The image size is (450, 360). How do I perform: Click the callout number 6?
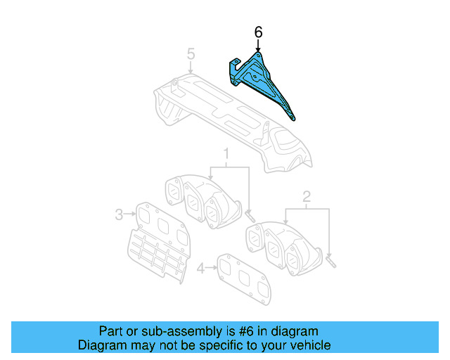click(259, 32)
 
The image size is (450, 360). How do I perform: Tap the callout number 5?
click(191, 53)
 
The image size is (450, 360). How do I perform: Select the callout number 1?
click(226, 153)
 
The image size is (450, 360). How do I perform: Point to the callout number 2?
click(307, 196)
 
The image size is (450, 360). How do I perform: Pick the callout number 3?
click(120, 213)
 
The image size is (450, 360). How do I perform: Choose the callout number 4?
click(202, 267)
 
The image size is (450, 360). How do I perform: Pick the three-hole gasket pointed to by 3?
click(161, 221)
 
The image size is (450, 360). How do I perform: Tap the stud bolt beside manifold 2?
click(331, 261)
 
